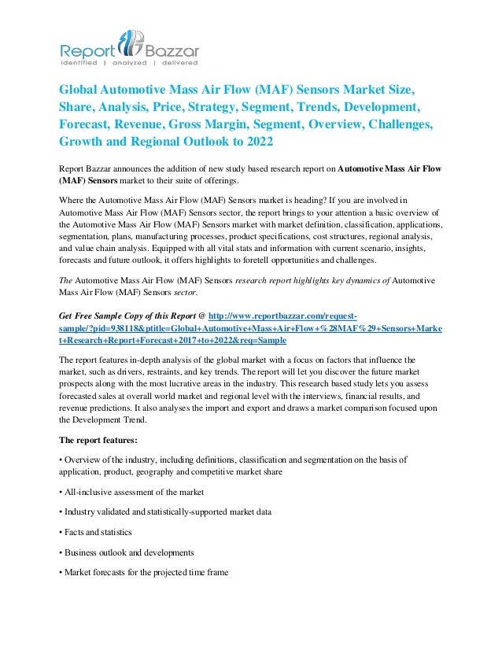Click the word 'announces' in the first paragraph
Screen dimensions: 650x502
click(142, 167)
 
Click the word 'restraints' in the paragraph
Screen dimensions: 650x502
click(196, 371)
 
